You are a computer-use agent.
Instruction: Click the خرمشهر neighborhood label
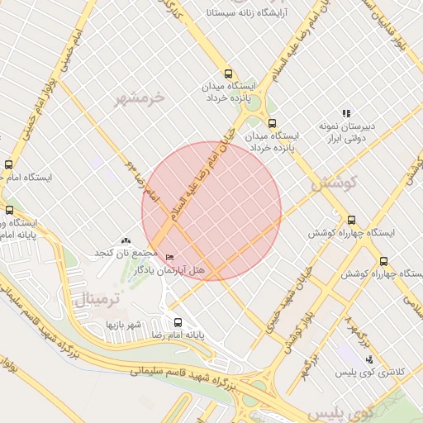point(142,98)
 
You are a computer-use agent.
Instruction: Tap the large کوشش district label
point(334,183)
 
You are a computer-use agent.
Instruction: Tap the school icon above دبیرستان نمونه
point(347,113)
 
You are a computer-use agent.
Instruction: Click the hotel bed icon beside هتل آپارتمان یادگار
point(170,259)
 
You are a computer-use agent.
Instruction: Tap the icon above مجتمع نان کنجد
point(126,240)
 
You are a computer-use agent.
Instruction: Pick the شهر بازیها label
point(124,324)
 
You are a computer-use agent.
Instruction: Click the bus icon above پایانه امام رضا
point(178,322)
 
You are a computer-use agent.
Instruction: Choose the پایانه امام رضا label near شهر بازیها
point(178,336)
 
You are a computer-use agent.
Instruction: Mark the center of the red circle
point(211,211)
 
